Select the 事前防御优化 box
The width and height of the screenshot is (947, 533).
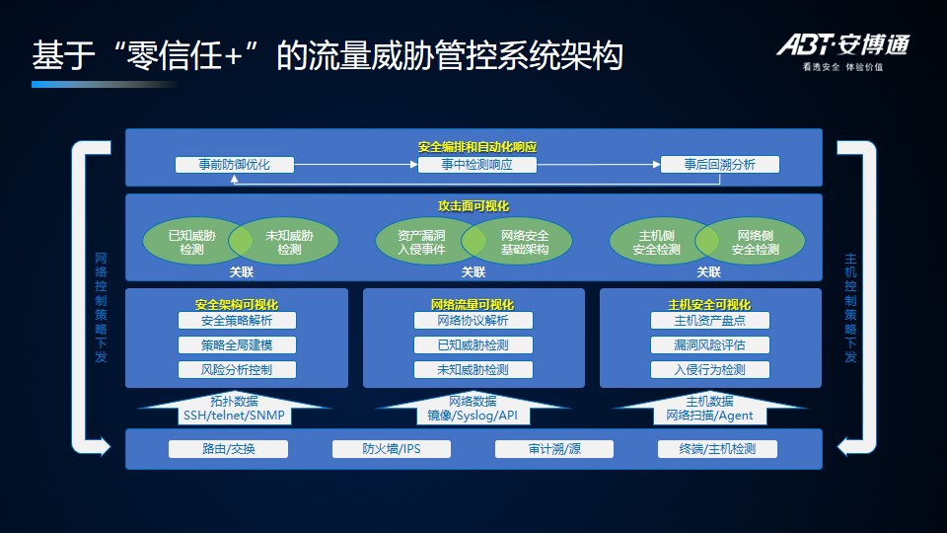(x=235, y=165)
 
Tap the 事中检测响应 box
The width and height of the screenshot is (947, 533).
(x=476, y=165)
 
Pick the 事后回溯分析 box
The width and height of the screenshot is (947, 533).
(x=719, y=165)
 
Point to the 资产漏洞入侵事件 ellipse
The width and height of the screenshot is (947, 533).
(x=421, y=242)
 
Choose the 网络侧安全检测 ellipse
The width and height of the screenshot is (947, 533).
(x=756, y=242)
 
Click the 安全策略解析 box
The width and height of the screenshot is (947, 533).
(x=236, y=321)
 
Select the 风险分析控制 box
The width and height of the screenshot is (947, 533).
(x=236, y=370)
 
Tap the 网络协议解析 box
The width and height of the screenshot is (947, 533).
(x=473, y=321)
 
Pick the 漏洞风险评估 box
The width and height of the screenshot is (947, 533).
(x=709, y=345)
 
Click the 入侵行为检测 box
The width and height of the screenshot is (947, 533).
(x=709, y=370)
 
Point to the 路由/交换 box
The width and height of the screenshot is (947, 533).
(x=228, y=449)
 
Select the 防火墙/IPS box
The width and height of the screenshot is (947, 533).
(x=391, y=449)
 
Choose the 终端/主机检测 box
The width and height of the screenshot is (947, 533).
(x=717, y=449)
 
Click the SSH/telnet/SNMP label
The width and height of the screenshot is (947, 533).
(x=234, y=416)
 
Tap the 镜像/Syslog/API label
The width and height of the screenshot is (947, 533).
(x=473, y=416)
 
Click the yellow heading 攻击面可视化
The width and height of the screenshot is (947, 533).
(x=473, y=206)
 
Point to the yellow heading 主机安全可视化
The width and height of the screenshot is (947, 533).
(x=709, y=304)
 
